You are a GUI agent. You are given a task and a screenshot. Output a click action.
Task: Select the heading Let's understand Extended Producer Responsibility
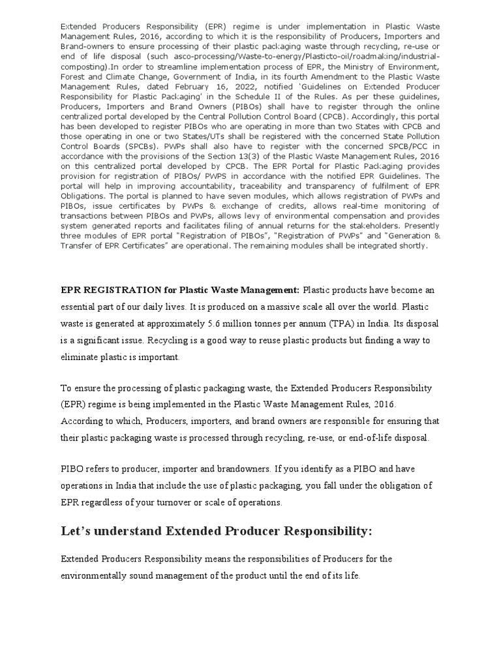216,532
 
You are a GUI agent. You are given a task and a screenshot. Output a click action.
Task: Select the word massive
279,307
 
